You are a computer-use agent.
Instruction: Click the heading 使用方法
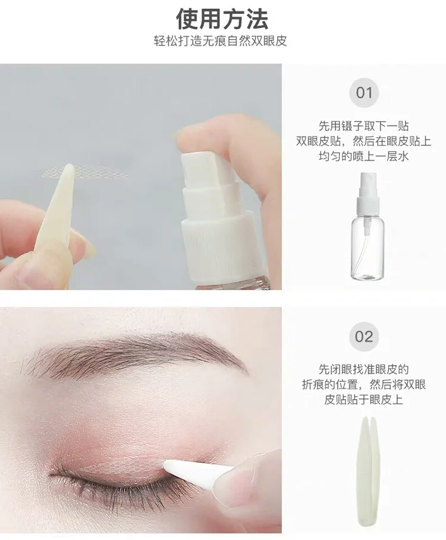(222, 19)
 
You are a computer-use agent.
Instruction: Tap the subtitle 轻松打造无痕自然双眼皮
(220, 41)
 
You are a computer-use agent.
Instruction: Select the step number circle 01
(364, 93)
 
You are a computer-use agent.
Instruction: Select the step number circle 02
(364, 337)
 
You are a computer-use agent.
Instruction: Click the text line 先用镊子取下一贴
(364, 126)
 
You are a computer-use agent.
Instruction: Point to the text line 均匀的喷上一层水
(364, 156)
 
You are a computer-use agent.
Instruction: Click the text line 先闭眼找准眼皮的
(364, 369)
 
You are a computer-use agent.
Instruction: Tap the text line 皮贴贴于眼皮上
(364, 400)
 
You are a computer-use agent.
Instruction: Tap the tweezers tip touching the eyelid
(166, 464)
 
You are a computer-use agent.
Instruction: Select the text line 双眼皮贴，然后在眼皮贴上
(364, 141)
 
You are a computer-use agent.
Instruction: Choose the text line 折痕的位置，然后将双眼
(364, 384)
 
